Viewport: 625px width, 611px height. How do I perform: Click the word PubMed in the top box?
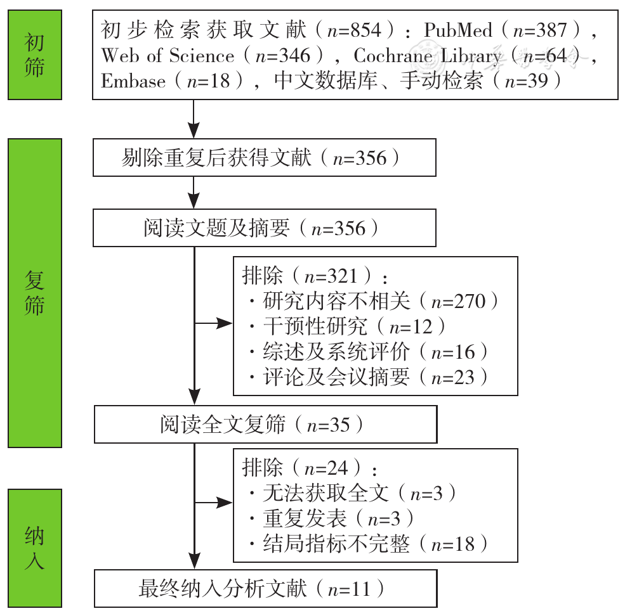tap(458, 30)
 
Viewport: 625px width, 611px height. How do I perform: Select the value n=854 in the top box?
tap(354, 30)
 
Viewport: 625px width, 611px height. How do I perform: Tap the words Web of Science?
tap(168, 56)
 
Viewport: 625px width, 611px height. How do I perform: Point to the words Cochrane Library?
tap(428, 56)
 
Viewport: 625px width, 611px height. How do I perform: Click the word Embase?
tap(133, 81)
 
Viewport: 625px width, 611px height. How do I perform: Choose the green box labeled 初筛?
tap(35, 55)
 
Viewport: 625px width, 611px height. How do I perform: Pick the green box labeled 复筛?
tap(35, 293)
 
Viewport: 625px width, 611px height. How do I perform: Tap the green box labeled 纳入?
tap(35, 548)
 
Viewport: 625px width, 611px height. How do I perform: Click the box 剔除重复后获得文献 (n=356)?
tap(265, 158)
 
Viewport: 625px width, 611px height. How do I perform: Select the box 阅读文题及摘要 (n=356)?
tap(265, 228)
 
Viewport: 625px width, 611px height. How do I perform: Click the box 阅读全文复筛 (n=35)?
tap(266, 424)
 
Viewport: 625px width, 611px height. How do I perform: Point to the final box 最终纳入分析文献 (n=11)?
tap(266, 589)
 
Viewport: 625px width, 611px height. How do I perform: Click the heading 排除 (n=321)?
tap(315, 276)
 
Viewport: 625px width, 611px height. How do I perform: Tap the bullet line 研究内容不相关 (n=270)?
tap(374, 301)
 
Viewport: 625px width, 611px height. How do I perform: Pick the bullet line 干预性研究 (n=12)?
tap(347, 326)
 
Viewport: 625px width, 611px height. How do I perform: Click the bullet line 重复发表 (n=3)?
tap(331, 518)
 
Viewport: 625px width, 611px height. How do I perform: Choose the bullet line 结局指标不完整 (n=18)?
tap(368, 544)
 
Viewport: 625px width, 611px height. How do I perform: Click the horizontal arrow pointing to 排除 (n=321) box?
tap(214, 323)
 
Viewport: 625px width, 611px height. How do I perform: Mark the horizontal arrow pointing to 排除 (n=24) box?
tap(214, 503)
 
